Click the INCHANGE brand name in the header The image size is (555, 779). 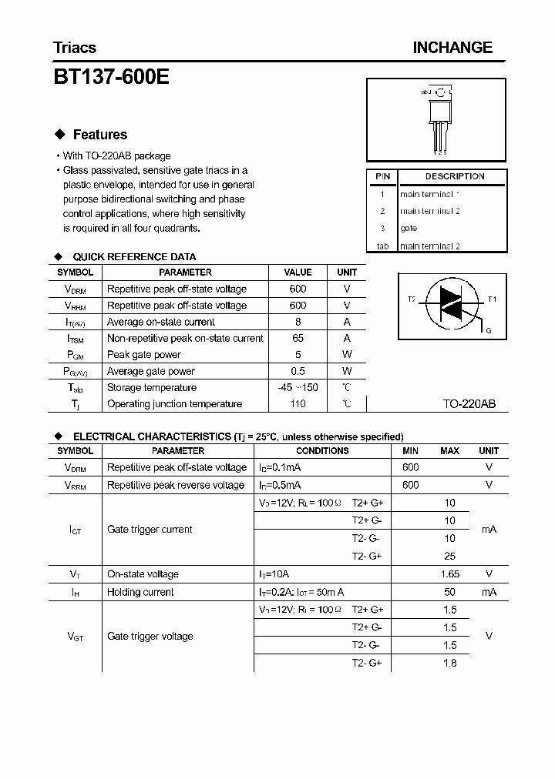(452, 48)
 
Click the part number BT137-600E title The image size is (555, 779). (111, 77)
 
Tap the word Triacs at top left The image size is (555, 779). (75, 48)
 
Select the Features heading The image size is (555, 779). (99, 135)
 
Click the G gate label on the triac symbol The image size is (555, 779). (487, 330)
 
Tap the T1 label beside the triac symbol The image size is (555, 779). (493, 299)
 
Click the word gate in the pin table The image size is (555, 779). (409, 228)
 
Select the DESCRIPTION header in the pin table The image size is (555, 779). (454, 176)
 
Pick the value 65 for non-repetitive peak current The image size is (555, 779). (298, 338)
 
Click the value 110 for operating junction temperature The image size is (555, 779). (298, 403)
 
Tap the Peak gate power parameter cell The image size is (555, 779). (144, 354)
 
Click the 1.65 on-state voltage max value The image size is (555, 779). (449, 574)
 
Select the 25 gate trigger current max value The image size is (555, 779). (449, 556)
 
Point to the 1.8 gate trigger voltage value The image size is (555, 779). (449, 663)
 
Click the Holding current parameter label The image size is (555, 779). (140, 592)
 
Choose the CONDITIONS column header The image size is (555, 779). (322, 451)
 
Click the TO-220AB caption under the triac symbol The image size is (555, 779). (469, 403)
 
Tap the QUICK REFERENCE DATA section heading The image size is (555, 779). (134, 256)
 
